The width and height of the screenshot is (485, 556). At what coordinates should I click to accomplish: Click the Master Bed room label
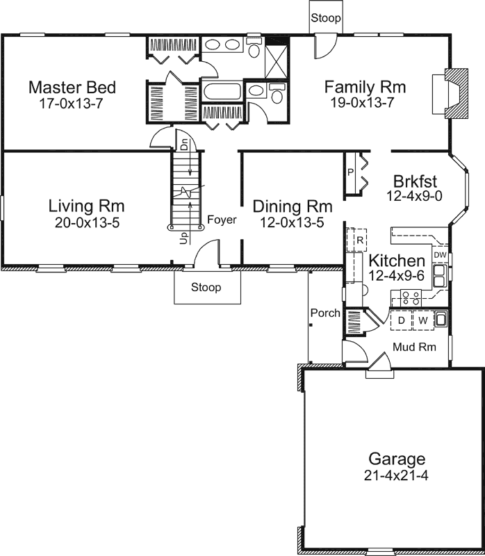[x=72, y=88]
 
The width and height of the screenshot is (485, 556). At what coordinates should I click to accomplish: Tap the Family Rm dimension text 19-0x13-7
[x=362, y=102]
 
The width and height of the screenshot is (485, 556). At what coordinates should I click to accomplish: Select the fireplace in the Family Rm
[x=450, y=94]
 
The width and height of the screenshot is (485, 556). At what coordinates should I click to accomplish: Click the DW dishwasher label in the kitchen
[x=440, y=255]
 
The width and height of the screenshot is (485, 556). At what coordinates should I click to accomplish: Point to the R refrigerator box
[x=357, y=240]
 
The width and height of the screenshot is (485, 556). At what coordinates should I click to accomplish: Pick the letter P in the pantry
[x=350, y=172]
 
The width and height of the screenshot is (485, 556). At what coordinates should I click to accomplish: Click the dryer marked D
[x=402, y=320]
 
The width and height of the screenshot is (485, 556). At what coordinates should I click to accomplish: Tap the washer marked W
[x=423, y=320]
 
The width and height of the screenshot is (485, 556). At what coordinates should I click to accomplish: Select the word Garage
[x=397, y=459]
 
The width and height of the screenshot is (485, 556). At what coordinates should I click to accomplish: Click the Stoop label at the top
[x=326, y=18]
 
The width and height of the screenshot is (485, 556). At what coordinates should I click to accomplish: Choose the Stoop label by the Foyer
[x=206, y=287]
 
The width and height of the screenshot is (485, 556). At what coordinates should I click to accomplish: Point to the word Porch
[x=325, y=313]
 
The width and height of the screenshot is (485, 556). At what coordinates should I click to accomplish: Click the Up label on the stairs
[x=183, y=238]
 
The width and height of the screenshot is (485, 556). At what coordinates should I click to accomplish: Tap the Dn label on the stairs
[x=184, y=146]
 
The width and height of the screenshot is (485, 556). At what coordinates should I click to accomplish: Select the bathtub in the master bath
[x=222, y=91]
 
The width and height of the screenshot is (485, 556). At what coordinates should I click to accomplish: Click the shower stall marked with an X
[x=277, y=62]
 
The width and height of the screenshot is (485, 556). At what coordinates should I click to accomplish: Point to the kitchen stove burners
[x=411, y=298]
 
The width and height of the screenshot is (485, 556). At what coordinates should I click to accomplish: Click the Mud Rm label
[x=414, y=347]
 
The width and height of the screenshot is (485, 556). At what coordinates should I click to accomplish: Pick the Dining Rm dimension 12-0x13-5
[x=292, y=222]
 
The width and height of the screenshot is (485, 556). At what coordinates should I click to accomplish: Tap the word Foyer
[x=222, y=220]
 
